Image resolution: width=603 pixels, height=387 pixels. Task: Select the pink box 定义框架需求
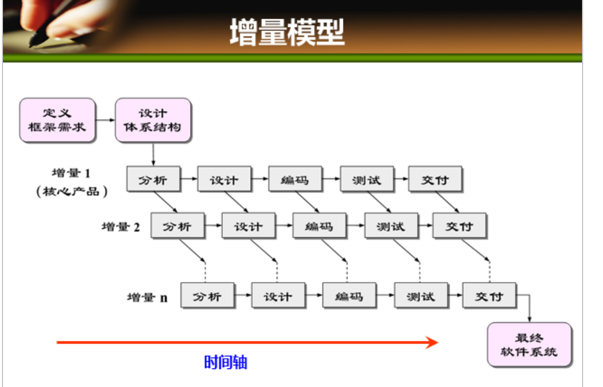58,120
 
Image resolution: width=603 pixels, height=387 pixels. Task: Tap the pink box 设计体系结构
153,120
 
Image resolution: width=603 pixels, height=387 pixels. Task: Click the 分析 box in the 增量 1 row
153,179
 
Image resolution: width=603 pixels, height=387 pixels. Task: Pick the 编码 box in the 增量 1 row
295,179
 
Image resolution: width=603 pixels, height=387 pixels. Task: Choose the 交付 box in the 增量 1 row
435,179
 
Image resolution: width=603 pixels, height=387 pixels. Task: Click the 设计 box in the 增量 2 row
248,226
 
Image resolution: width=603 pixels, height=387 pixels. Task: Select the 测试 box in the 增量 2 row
391,226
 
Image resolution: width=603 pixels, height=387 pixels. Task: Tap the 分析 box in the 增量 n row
207,296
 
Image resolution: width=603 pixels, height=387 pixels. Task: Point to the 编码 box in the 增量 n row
349,296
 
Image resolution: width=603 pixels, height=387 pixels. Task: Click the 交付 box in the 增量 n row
489,296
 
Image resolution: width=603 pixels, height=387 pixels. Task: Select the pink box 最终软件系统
529,344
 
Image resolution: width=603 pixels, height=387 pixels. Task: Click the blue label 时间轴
225,362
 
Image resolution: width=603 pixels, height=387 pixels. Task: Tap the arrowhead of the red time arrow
433,342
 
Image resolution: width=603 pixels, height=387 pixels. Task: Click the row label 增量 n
147,297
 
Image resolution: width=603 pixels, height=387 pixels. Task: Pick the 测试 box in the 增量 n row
421,296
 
